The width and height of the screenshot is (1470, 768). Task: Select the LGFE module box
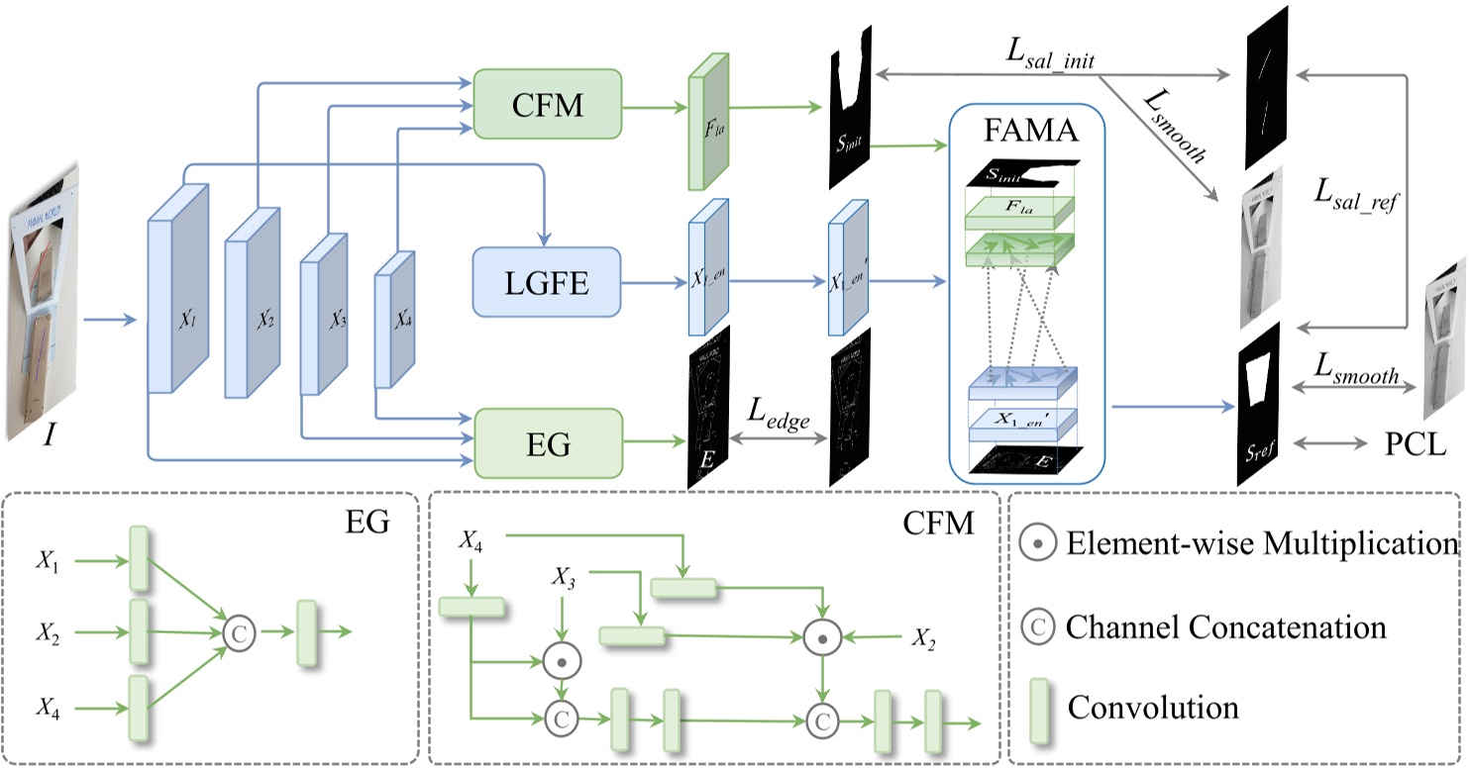547,282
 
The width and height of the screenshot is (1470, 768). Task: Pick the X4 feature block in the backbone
394,320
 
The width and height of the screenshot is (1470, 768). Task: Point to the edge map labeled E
708,406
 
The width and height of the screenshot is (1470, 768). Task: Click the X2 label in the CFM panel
923,638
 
